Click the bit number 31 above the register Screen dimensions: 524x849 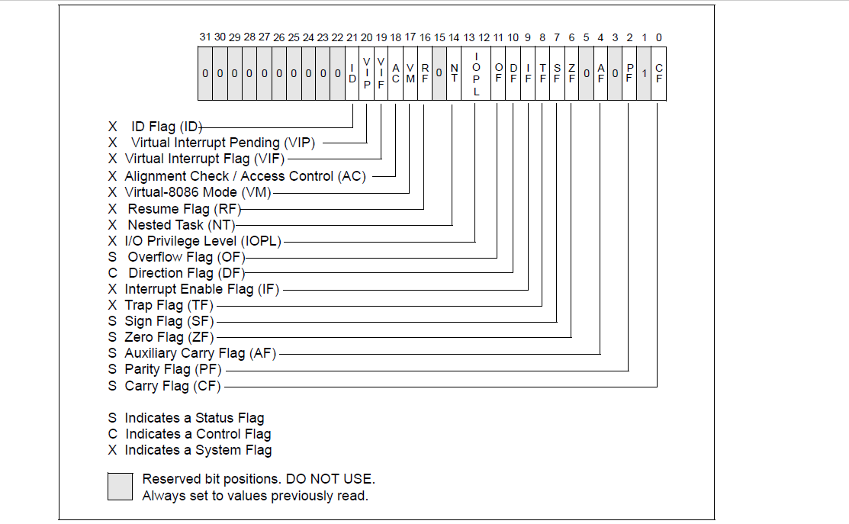point(204,37)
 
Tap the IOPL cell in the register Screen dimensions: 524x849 point(476,73)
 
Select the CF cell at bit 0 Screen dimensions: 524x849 point(659,73)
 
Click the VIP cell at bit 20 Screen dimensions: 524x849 point(366,73)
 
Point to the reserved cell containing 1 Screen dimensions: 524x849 point(645,73)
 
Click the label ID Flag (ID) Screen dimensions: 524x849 point(165,127)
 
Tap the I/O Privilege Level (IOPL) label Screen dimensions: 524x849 point(203,241)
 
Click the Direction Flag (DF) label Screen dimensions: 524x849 point(185,273)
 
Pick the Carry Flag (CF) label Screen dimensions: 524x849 point(172,386)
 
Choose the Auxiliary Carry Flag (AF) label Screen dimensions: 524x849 point(201,353)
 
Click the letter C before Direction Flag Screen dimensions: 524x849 point(112,273)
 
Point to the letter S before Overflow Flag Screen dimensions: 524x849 point(112,257)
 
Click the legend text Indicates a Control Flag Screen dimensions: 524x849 point(198,434)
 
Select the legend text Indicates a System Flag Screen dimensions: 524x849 point(198,450)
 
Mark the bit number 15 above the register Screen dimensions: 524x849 point(439,37)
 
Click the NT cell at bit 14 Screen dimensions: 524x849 point(454,73)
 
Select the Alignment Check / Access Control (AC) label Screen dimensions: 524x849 point(245,176)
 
